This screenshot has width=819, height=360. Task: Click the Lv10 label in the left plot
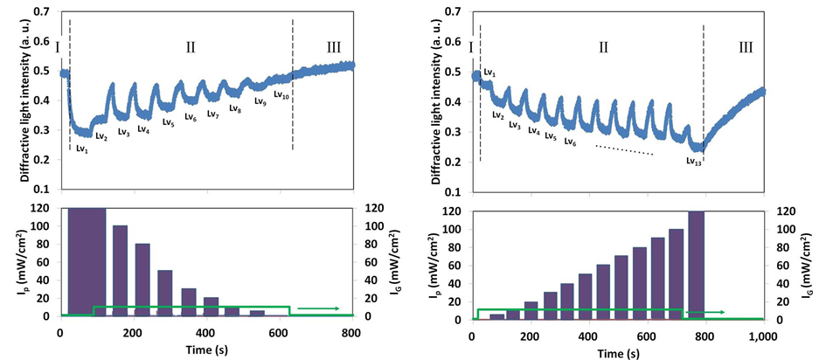(281, 94)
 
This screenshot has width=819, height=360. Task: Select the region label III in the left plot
(333, 47)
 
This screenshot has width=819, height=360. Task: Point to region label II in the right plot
(602, 47)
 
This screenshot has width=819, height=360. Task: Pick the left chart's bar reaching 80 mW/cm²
(142, 279)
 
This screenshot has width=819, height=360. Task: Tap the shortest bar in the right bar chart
(496, 316)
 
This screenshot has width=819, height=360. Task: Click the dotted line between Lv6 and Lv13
(624, 149)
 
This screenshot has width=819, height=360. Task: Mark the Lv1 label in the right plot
(489, 72)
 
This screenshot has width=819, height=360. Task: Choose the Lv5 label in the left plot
(168, 123)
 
